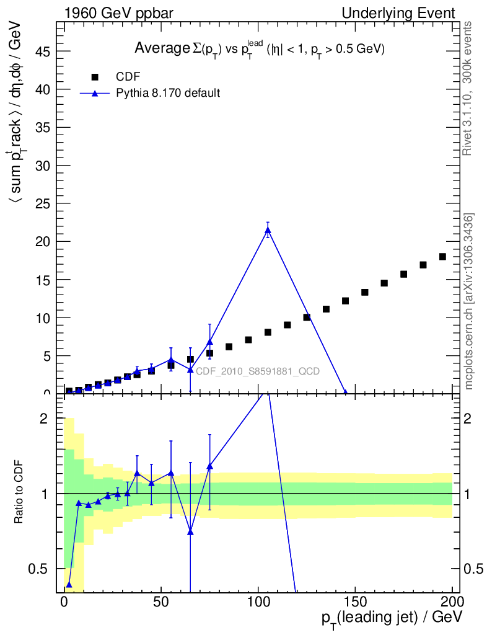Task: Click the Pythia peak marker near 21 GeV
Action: pyautogui.click(x=268, y=231)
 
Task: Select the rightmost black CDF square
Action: pyautogui.click(x=442, y=257)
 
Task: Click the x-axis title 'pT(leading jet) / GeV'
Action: pyautogui.click(x=392, y=617)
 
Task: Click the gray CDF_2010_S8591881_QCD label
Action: pyautogui.click(x=258, y=371)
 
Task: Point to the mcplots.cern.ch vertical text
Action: pyautogui.click(x=469, y=301)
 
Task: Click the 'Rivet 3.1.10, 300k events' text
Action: pyautogui.click(x=468, y=88)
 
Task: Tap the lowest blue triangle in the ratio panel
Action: pyautogui.click(x=69, y=585)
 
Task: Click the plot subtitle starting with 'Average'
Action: pyautogui.click(x=260, y=49)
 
